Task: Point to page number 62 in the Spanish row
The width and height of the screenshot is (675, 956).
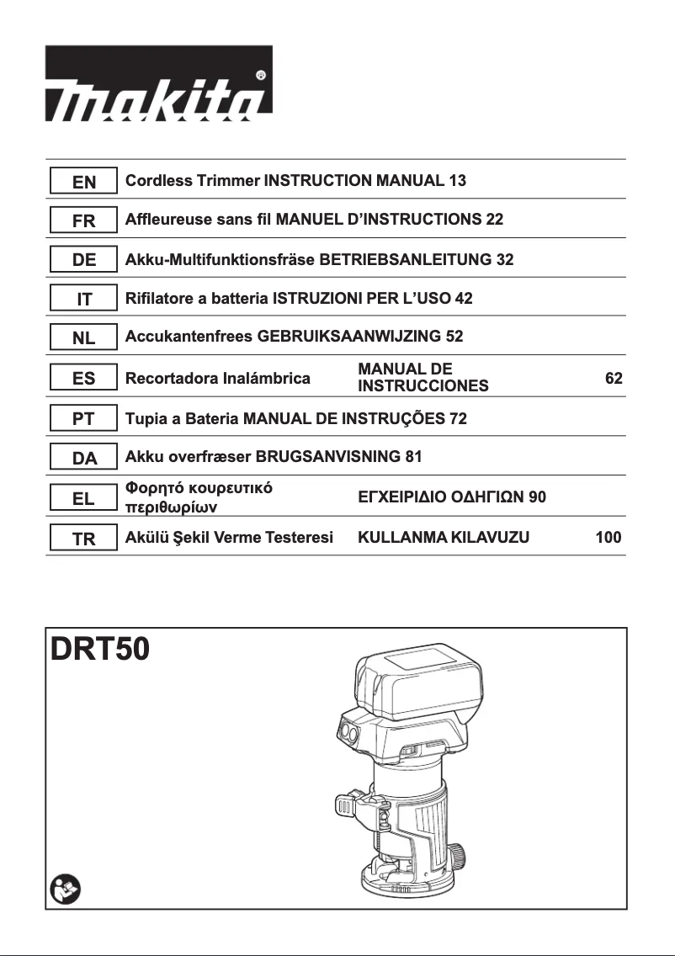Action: (614, 379)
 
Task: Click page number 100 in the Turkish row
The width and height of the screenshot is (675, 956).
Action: (608, 538)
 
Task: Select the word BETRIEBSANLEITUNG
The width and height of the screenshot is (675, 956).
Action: (405, 259)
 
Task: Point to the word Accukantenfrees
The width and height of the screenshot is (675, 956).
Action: (189, 337)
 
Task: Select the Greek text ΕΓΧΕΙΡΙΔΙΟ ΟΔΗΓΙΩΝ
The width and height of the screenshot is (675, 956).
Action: (443, 497)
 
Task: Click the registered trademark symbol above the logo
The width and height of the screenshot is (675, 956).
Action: (261, 75)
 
